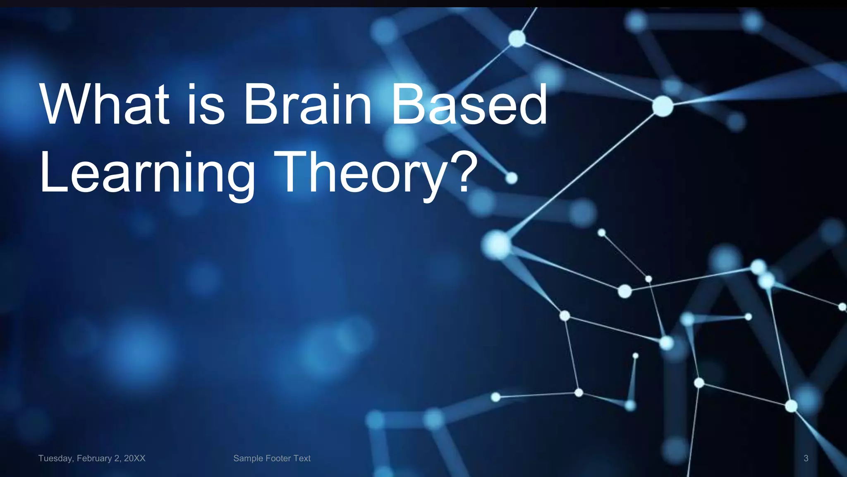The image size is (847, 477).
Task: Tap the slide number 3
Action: click(806, 458)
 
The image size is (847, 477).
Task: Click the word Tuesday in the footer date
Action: click(55, 458)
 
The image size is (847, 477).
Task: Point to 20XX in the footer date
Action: click(134, 458)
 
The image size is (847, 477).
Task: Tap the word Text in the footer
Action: click(302, 458)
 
